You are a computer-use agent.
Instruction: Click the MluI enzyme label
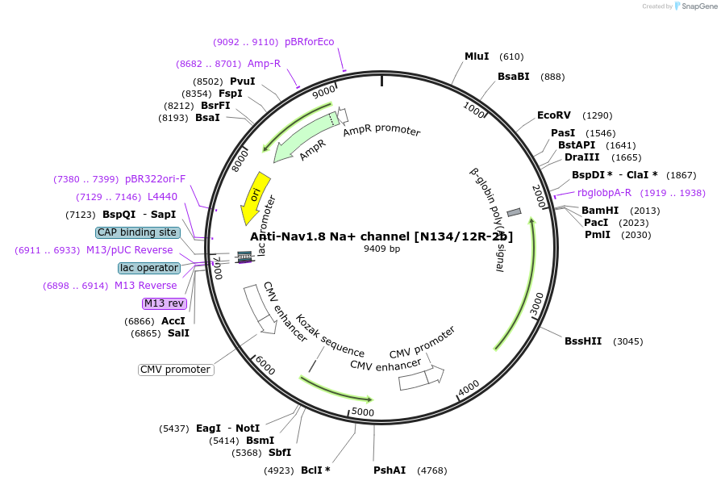[477, 56]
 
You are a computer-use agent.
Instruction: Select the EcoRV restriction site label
[554, 115]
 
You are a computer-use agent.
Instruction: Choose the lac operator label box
[148, 268]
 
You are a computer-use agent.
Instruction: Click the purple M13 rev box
[164, 303]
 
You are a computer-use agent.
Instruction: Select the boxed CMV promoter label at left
[176, 370]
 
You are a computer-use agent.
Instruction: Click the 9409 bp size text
[381, 249]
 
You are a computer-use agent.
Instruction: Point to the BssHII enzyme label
[583, 341]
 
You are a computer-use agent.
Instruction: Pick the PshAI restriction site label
[390, 470]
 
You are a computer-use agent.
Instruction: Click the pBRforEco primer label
[309, 42]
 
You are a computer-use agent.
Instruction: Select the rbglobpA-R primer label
[604, 193]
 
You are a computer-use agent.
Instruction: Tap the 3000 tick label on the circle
[537, 304]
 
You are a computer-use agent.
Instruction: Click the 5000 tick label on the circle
[363, 412]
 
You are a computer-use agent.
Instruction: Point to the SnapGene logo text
[698, 6]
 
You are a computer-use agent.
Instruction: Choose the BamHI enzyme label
[599, 211]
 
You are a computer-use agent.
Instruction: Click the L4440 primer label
[162, 197]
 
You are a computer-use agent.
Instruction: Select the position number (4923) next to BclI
[279, 470]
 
